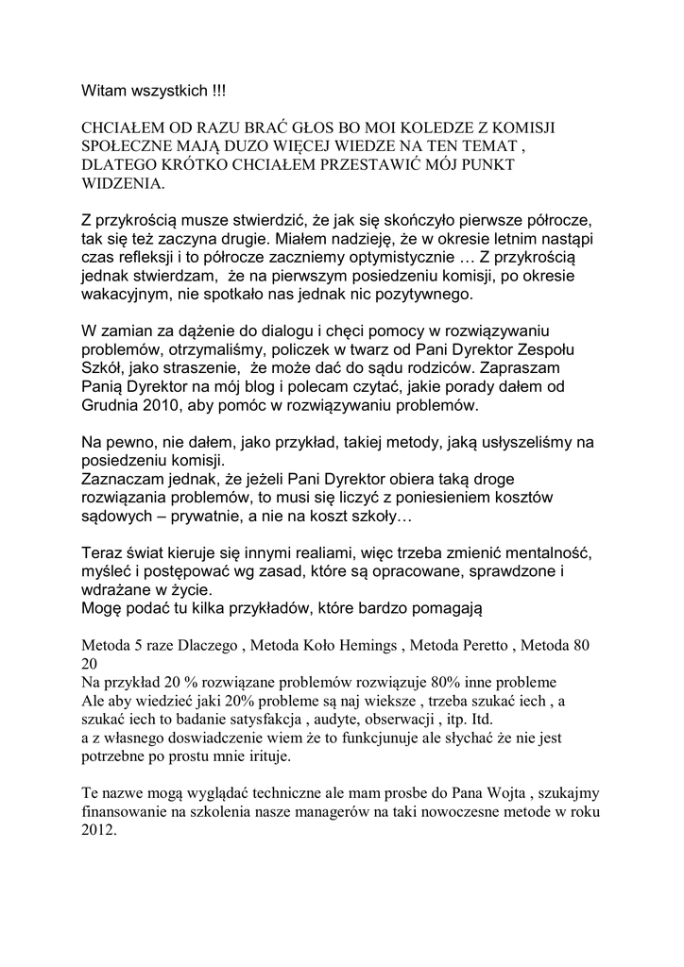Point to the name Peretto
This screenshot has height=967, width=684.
pyautogui.click(x=493, y=646)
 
